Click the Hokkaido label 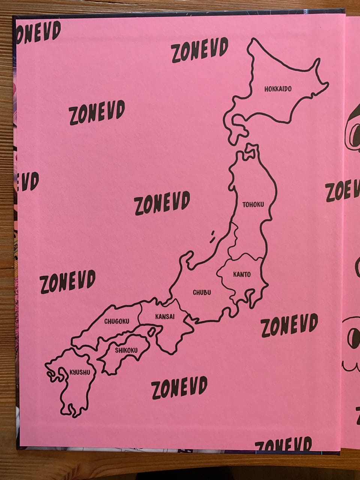pos(277,89)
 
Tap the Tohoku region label pos(253,205)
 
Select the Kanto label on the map pos(242,274)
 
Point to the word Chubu pos(202,292)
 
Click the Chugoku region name pos(117,321)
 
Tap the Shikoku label pos(126,351)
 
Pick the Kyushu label pos(80,372)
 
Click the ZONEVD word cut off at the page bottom pos(283,444)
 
